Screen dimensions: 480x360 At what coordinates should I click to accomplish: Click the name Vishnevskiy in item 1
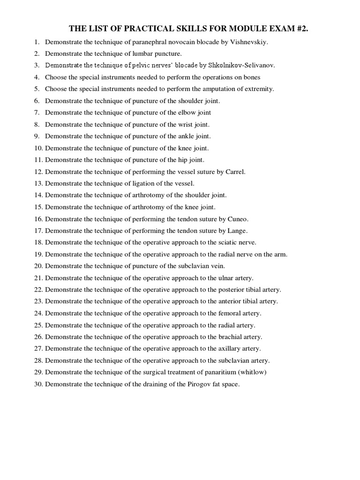click(x=248, y=42)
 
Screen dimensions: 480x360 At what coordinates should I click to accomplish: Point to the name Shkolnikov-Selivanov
click(x=238, y=66)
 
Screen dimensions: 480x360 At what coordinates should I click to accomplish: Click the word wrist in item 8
click(x=187, y=125)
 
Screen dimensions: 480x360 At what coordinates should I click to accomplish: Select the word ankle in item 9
click(x=187, y=136)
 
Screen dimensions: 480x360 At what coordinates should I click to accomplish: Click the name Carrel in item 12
click(x=235, y=172)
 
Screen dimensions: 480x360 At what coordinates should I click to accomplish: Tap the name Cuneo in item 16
click(x=238, y=219)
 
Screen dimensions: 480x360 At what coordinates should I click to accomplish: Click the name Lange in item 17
click(x=237, y=231)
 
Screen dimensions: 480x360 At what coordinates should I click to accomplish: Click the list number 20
click(x=38, y=266)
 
